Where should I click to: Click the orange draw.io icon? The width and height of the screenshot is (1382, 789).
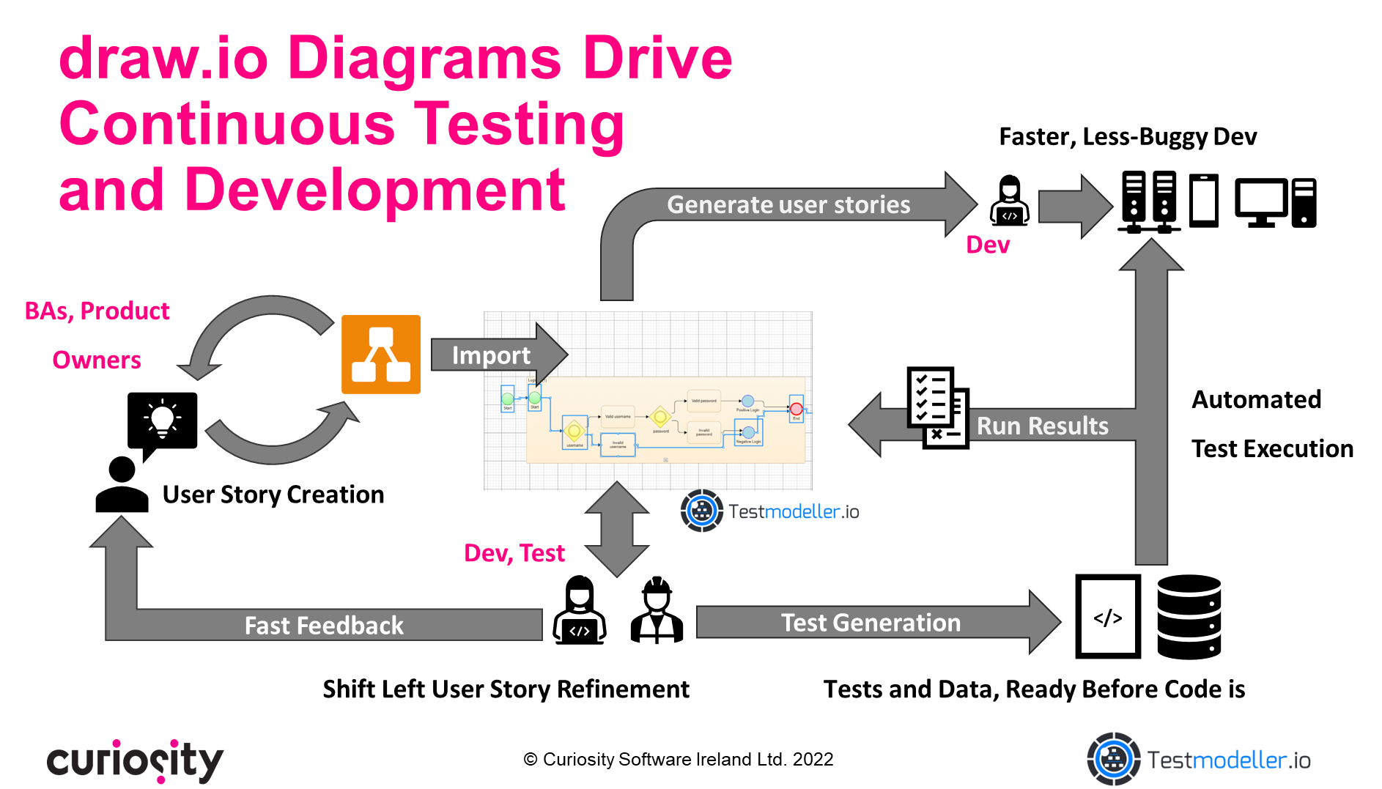[x=380, y=355]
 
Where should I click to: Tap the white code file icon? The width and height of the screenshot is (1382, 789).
[x=1107, y=616]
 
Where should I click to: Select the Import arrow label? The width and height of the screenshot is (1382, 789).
[x=490, y=355]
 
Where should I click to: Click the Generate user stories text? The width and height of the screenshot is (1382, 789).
[x=788, y=204]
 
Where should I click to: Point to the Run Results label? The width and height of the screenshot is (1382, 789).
[x=1042, y=426]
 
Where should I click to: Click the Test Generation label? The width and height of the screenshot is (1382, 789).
[x=870, y=623]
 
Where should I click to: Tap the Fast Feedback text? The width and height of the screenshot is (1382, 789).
[x=323, y=626]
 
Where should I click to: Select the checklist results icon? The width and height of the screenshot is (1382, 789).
[x=936, y=408]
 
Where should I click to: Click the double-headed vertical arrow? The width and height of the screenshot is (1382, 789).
[x=616, y=530]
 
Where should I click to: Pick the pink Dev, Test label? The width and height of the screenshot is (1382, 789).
[x=514, y=553]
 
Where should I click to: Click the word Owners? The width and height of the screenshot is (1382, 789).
[x=97, y=360]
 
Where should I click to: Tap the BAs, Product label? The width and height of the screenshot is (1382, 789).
[x=97, y=311]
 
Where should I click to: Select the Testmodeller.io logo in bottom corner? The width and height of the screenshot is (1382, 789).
[x=1198, y=760]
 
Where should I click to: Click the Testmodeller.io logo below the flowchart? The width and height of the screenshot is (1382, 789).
[x=769, y=511]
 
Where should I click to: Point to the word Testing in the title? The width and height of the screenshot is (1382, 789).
[x=520, y=125]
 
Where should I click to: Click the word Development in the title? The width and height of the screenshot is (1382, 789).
[x=374, y=190]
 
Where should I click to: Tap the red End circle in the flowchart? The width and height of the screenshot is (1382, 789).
[x=797, y=409]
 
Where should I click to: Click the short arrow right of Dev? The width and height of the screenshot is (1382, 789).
[x=1074, y=207]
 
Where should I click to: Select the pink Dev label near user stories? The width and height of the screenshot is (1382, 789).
[x=987, y=245]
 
